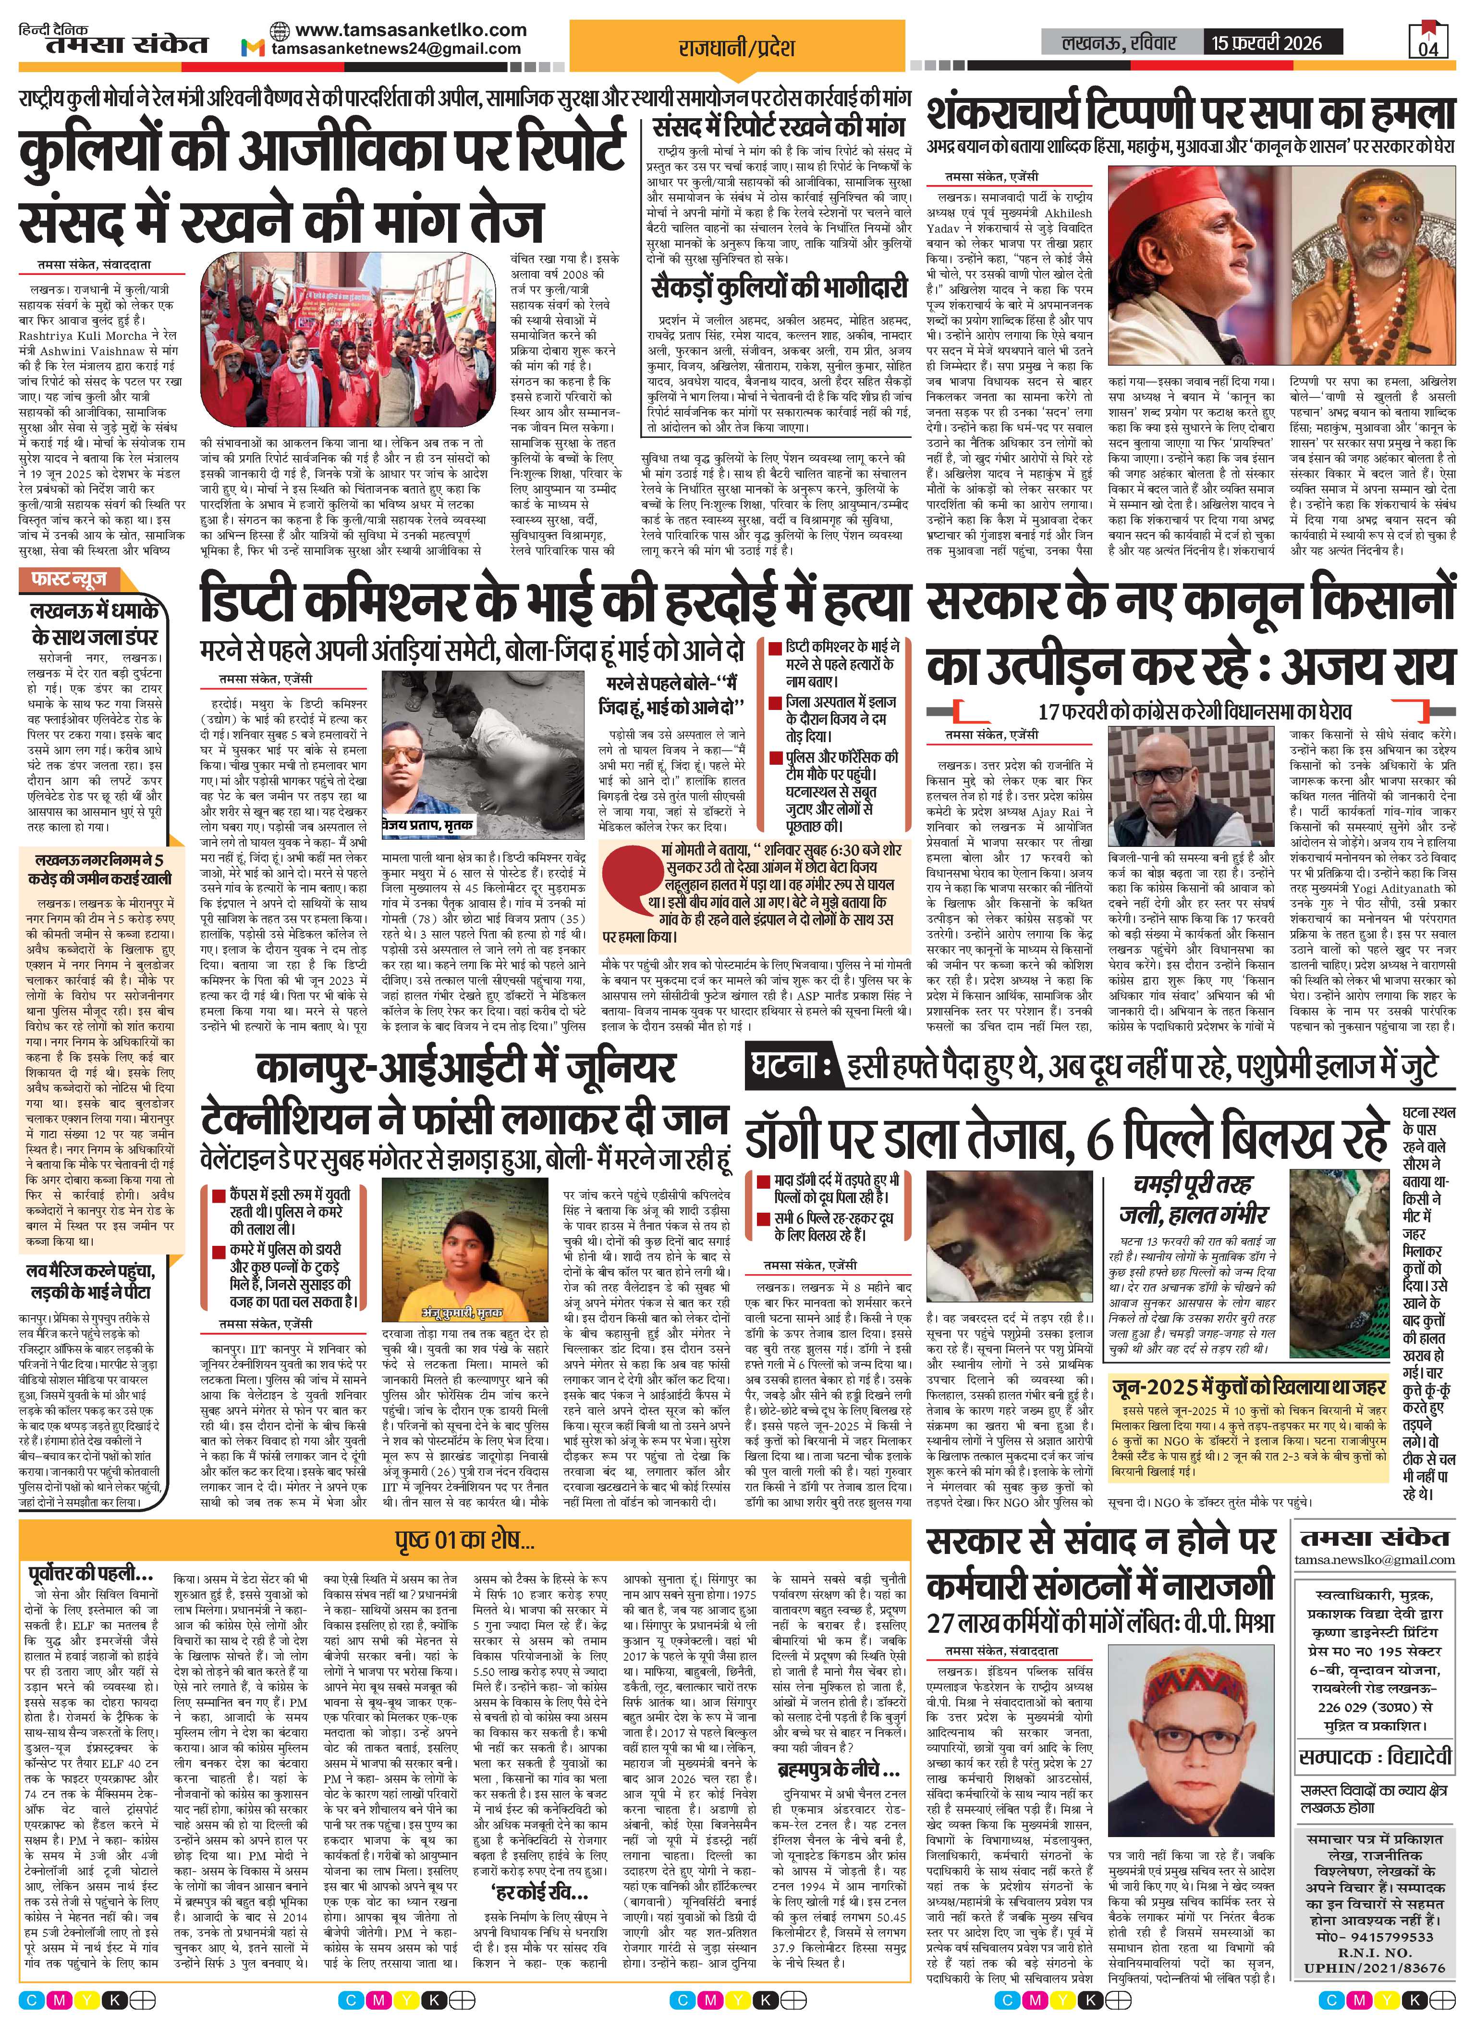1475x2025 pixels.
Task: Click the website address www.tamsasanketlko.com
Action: click(x=411, y=29)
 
